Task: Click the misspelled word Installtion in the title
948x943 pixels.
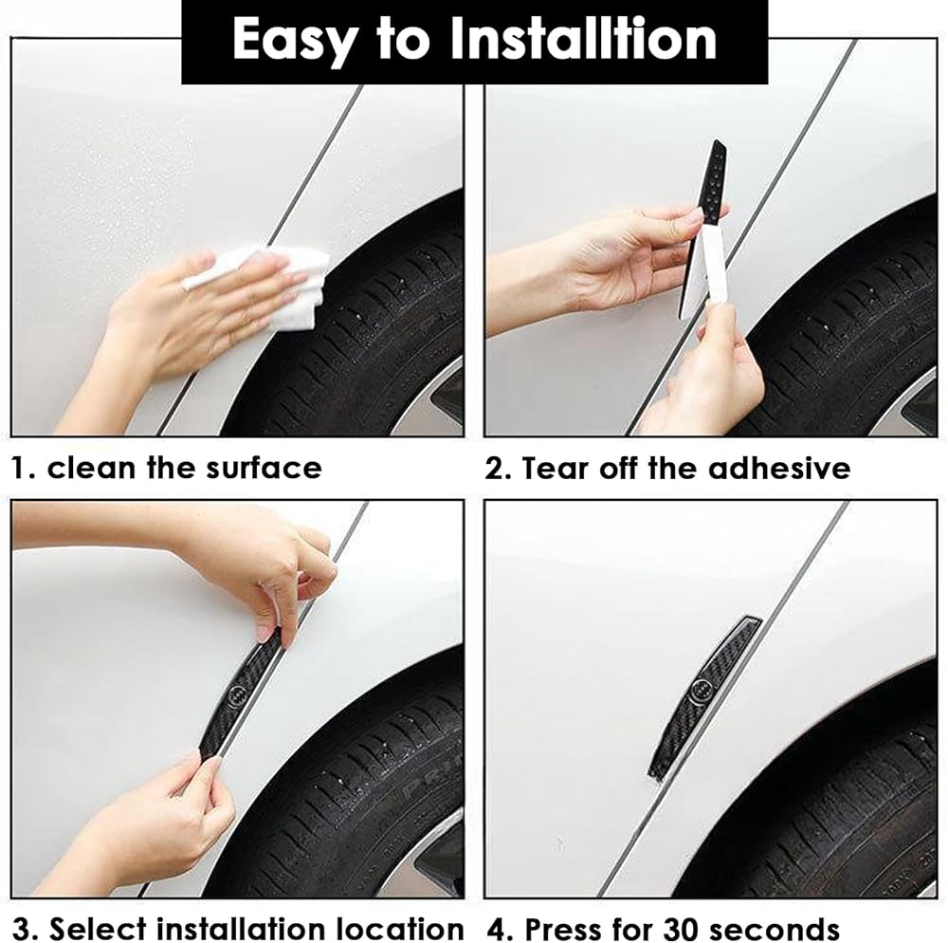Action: coord(583,39)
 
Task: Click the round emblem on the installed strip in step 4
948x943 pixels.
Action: coord(701,688)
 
